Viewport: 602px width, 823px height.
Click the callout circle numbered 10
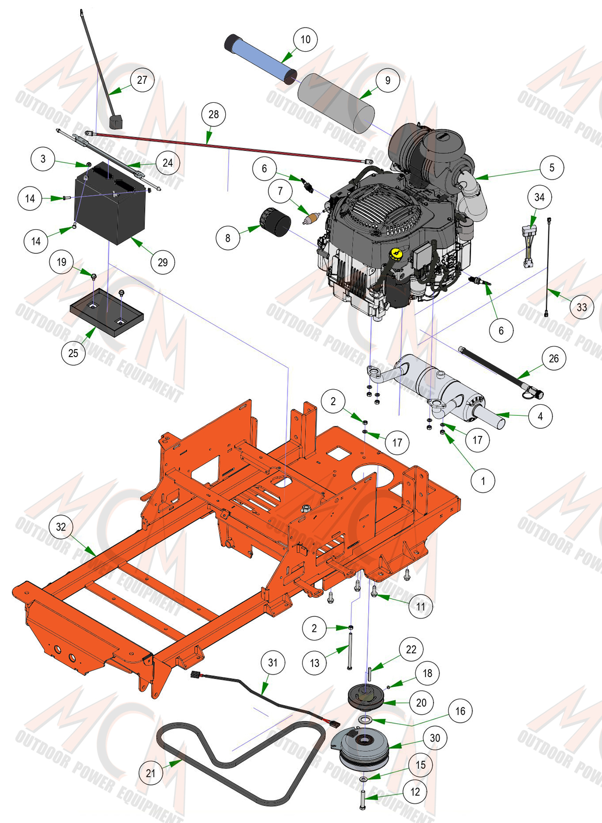pyautogui.click(x=306, y=39)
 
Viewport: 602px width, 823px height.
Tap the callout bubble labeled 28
pyautogui.click(x=214, y=115)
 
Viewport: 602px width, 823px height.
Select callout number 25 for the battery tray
pyautogui.click(x=74, y=353)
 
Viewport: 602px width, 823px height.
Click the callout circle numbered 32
pyautogui.click(x=61, y=527)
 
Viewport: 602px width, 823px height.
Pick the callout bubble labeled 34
pyautogui.click(x=539, y=197)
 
